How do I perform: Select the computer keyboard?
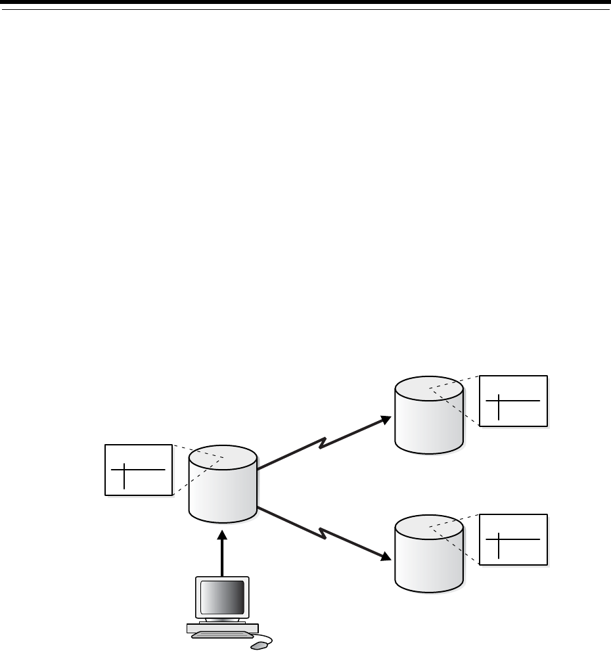pyautogui.click(x=221, y=636)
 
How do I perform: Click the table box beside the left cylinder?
pyautogui.click(x=138, y=470)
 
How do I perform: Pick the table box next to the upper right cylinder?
pyautogui.click(x=513, y=401)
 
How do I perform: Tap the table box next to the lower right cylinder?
pyautogui.click(x=513, y=539)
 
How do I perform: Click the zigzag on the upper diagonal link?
pyautogui.click(x=323, y=444)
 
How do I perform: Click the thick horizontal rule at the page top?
pyautogui.click(x=305, y=3)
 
